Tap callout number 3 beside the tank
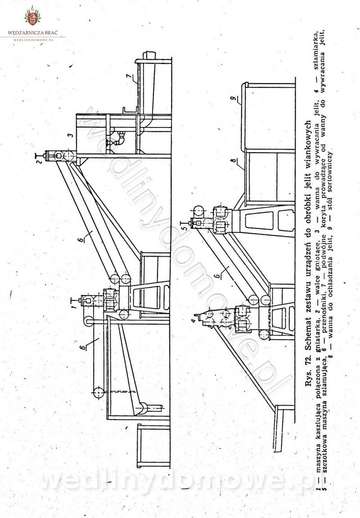tap(70, 135)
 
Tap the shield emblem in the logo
tap(32, 18)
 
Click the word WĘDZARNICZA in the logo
tap(24, 33)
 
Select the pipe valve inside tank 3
tap(118, 138)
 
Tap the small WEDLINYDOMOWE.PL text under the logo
tap(33, 40)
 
